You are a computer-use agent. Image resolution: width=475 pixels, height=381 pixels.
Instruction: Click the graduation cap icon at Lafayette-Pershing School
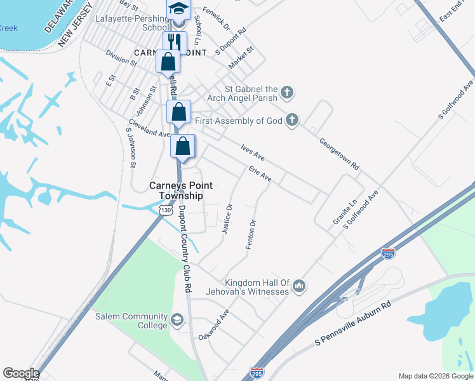click(x=178, y=10)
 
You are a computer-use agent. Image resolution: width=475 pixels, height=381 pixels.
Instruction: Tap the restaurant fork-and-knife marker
click(x=174, y=42)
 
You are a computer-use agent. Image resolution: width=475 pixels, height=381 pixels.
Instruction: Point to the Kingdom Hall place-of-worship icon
click(x=299, y=287)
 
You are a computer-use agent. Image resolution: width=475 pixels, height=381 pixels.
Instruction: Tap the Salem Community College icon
click(x=177, y=319)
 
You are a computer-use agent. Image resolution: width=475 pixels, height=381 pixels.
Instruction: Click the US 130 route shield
click(x=166, y=210)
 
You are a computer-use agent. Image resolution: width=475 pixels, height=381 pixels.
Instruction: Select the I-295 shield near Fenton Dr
click(x=389, y=253)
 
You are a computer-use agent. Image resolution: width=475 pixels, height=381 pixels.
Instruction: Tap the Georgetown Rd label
click(x=339, y=154)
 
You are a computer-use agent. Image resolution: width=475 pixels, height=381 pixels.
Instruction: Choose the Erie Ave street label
click(x=260, y=175)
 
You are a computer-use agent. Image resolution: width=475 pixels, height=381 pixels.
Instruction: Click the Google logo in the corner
click(x=20, y=373)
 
